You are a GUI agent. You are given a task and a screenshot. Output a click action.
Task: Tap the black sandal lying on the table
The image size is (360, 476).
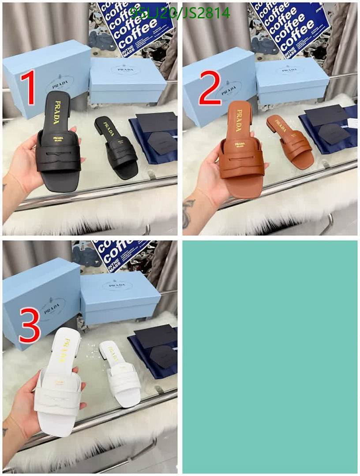click(116, 147)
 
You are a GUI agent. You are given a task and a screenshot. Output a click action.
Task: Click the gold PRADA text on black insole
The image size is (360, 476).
click(57, 112)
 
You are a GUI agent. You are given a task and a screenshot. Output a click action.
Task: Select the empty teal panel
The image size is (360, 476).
click(270, 356)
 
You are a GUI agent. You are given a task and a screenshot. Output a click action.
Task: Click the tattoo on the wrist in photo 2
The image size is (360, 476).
click(188, 212)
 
